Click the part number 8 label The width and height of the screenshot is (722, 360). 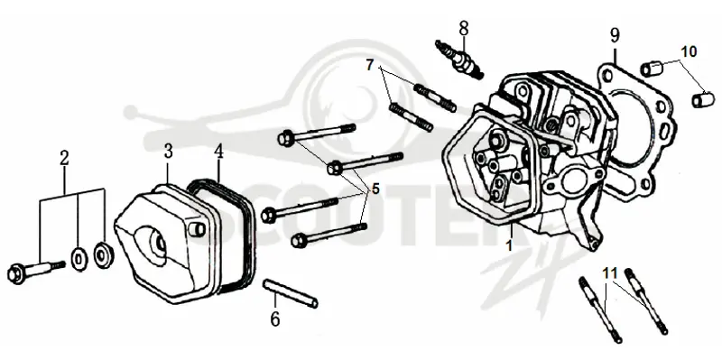click(464, 28)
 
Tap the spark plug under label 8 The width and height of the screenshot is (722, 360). click(459, 60)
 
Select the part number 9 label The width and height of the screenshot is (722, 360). click(616, 35)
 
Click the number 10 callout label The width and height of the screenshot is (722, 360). click(689, 51)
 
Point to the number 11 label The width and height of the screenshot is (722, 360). click(610, 273)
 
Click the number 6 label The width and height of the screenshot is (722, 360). click(275, 319)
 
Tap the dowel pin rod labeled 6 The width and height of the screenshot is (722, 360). click(290, 294)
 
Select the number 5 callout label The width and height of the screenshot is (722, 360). click(375, 189)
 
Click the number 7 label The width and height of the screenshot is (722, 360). click(370, 65)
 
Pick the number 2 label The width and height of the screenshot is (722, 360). click(64, 158)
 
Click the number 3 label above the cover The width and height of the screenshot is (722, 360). click(168, 151)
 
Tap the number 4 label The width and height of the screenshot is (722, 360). click(218, 151)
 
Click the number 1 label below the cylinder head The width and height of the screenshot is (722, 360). click(509, 245)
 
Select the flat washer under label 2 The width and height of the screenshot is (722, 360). click(79, 259)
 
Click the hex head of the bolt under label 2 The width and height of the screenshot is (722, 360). click(16, 274)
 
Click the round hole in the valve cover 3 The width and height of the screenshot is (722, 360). click(152, 241)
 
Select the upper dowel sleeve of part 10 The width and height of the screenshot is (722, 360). click(651, 69)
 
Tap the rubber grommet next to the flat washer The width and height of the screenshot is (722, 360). click(102, 254)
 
